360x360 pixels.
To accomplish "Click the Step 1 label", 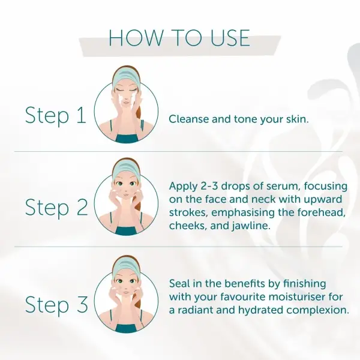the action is point(56,115).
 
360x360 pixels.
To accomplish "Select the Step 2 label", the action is point(56,208).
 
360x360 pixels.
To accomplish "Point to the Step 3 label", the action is point(56,305).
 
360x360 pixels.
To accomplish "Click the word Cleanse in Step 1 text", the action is point(188,119).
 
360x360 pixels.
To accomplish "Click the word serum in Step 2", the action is point(283,187).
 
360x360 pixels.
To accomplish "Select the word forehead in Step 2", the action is point(322,212).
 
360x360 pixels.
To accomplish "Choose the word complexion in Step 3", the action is point(318,311).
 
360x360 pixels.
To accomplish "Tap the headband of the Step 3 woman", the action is point(125,265).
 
